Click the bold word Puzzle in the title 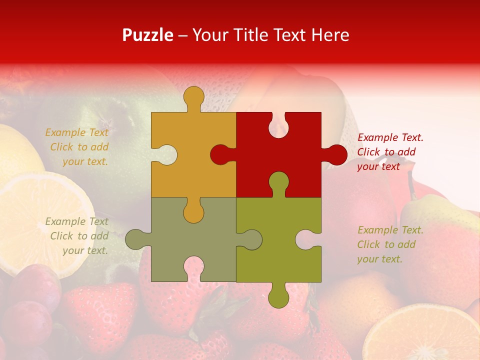pos(148,35)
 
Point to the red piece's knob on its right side pos(335,155)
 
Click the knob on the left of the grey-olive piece pos(136,239)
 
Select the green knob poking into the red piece pos(278,182)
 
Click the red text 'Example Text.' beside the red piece pos(390,137)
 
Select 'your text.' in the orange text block pos(85,161)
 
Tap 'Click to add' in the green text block pos(386,244)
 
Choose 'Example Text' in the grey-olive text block pos(76,221)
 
